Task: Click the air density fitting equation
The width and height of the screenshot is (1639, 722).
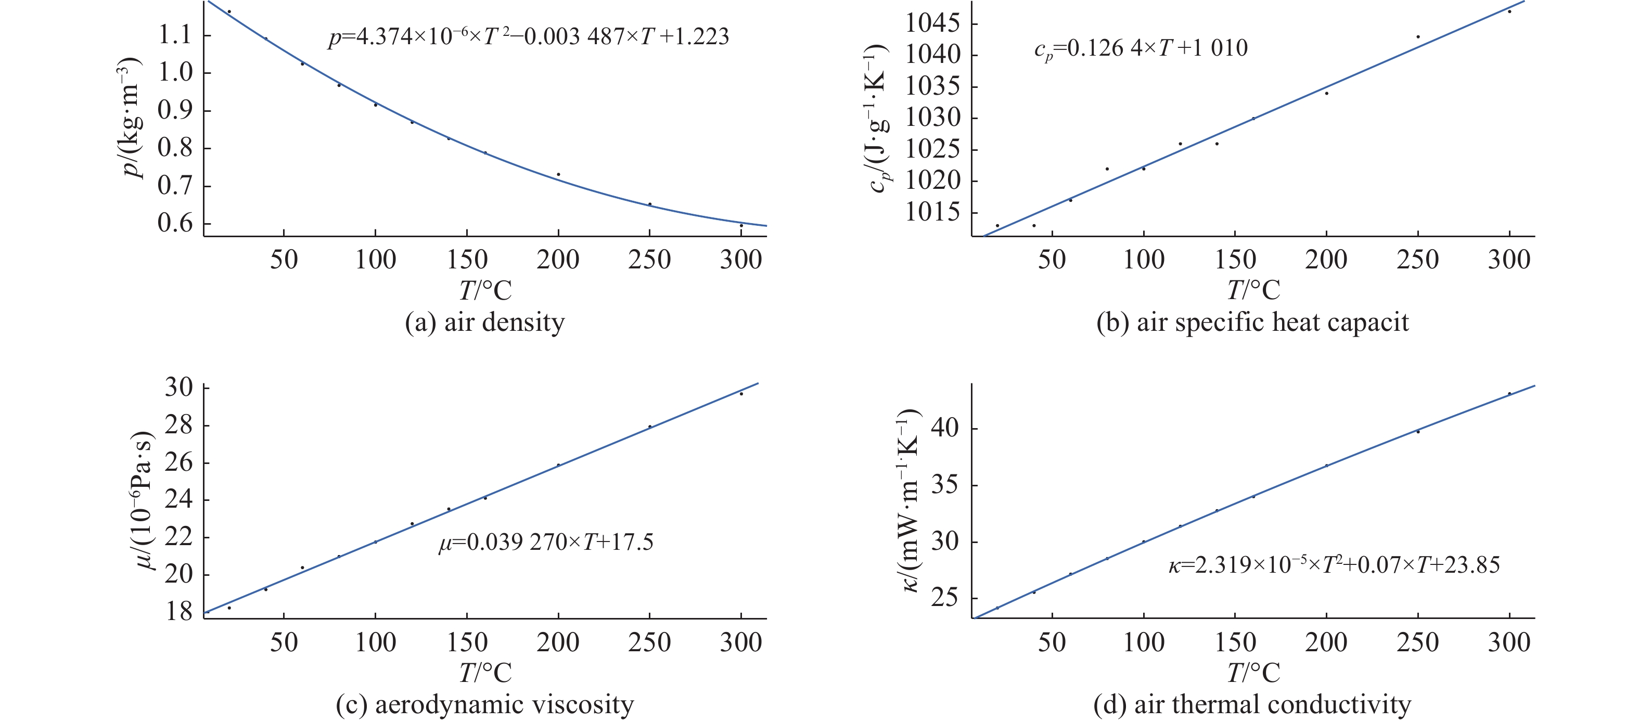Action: click(528, 36)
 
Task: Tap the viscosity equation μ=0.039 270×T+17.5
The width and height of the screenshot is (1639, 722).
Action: click(546, 542)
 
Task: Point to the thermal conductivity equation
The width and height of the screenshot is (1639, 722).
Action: click(1334, 564)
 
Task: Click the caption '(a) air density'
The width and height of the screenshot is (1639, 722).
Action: click(485, 322)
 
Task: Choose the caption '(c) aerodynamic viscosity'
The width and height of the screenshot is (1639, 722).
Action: click(485, 704)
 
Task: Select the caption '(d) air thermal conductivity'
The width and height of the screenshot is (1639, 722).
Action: click(1252, 704)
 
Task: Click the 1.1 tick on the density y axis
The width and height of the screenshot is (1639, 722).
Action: click(175, 35)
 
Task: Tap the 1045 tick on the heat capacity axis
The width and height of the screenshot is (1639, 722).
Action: click(932, 23)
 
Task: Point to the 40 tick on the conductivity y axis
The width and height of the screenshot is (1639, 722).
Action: click(945, 428)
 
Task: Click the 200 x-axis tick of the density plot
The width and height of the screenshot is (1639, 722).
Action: click(558, 260)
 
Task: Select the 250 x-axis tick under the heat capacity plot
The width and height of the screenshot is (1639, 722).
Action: click(1417, 260)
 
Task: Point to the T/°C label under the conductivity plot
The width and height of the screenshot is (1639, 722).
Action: click(1253, 673)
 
